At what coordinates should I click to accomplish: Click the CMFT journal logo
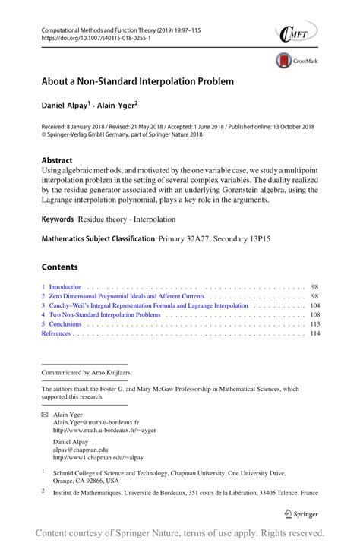(295, 33)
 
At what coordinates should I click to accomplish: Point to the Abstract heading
(57, 160)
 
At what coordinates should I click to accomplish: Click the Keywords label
(58, 219)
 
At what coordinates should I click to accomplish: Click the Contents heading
(60, 267)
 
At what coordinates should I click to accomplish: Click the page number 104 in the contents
(314, 305)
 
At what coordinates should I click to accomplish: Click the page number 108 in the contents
(314, 314)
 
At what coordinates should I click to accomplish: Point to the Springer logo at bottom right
(303, 512)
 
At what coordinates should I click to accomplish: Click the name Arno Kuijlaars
(116, 373)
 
